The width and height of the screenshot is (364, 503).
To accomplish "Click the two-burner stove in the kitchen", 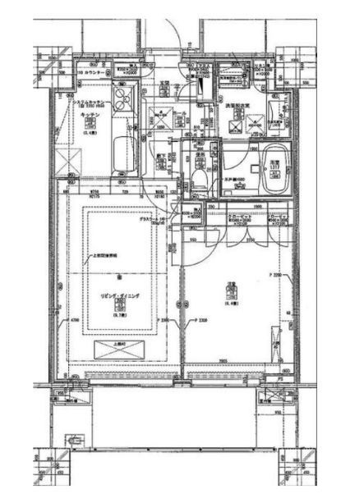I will [x=122, y=103].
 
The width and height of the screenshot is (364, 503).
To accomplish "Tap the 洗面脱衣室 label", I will [x=236, y=105].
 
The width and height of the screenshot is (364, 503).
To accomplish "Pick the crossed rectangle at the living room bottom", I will [x=122, y=350].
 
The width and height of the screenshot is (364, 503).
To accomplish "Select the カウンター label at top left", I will [x=91, y=72].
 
